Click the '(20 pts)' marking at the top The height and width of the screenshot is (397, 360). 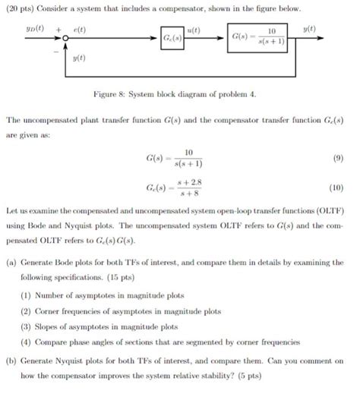(24, 8)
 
